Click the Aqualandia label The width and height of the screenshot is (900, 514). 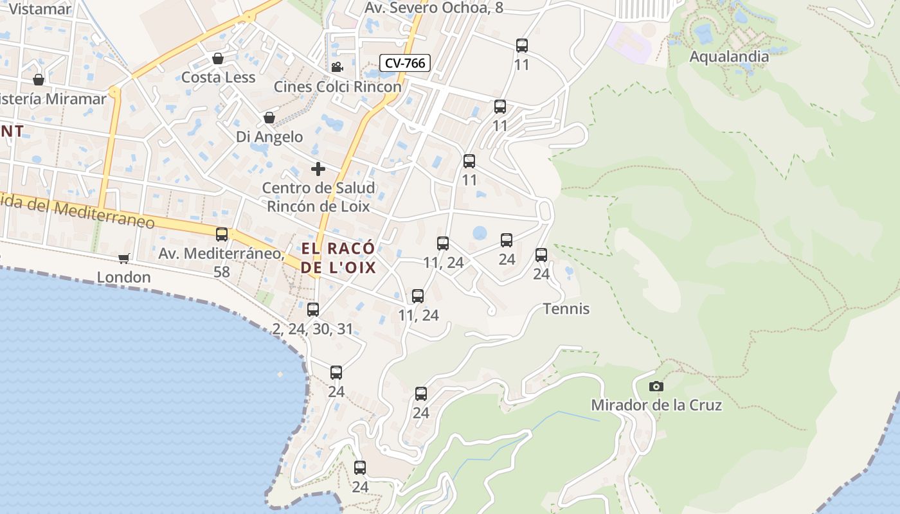[729, 57]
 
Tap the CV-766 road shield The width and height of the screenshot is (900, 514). [404, 63]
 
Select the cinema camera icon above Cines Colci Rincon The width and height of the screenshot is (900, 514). [337, 67]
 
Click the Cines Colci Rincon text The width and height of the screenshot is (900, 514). [337, 86]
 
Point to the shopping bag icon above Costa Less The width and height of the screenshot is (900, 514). [218, 58]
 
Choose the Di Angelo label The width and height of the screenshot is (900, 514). [269, 136]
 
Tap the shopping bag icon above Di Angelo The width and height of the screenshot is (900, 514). [269, 118]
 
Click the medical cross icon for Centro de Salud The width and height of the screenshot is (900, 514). [318, 169]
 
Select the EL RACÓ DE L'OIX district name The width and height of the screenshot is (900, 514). [338, 258]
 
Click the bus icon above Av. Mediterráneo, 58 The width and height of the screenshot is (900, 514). [222, 235]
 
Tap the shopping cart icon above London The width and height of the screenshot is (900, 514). [123, 258]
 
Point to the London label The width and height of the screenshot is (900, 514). [123, 277]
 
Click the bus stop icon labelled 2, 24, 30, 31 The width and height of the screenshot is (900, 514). [313, 310]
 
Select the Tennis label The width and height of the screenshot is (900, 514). [566, 309]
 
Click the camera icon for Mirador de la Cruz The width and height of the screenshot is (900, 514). [656, 386]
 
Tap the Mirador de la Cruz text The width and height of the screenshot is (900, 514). [656, 405]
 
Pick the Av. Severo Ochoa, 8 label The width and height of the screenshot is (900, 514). [434, 8]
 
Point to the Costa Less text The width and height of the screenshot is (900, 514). [218, 77]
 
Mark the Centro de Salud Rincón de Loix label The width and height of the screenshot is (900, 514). [318, 197]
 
